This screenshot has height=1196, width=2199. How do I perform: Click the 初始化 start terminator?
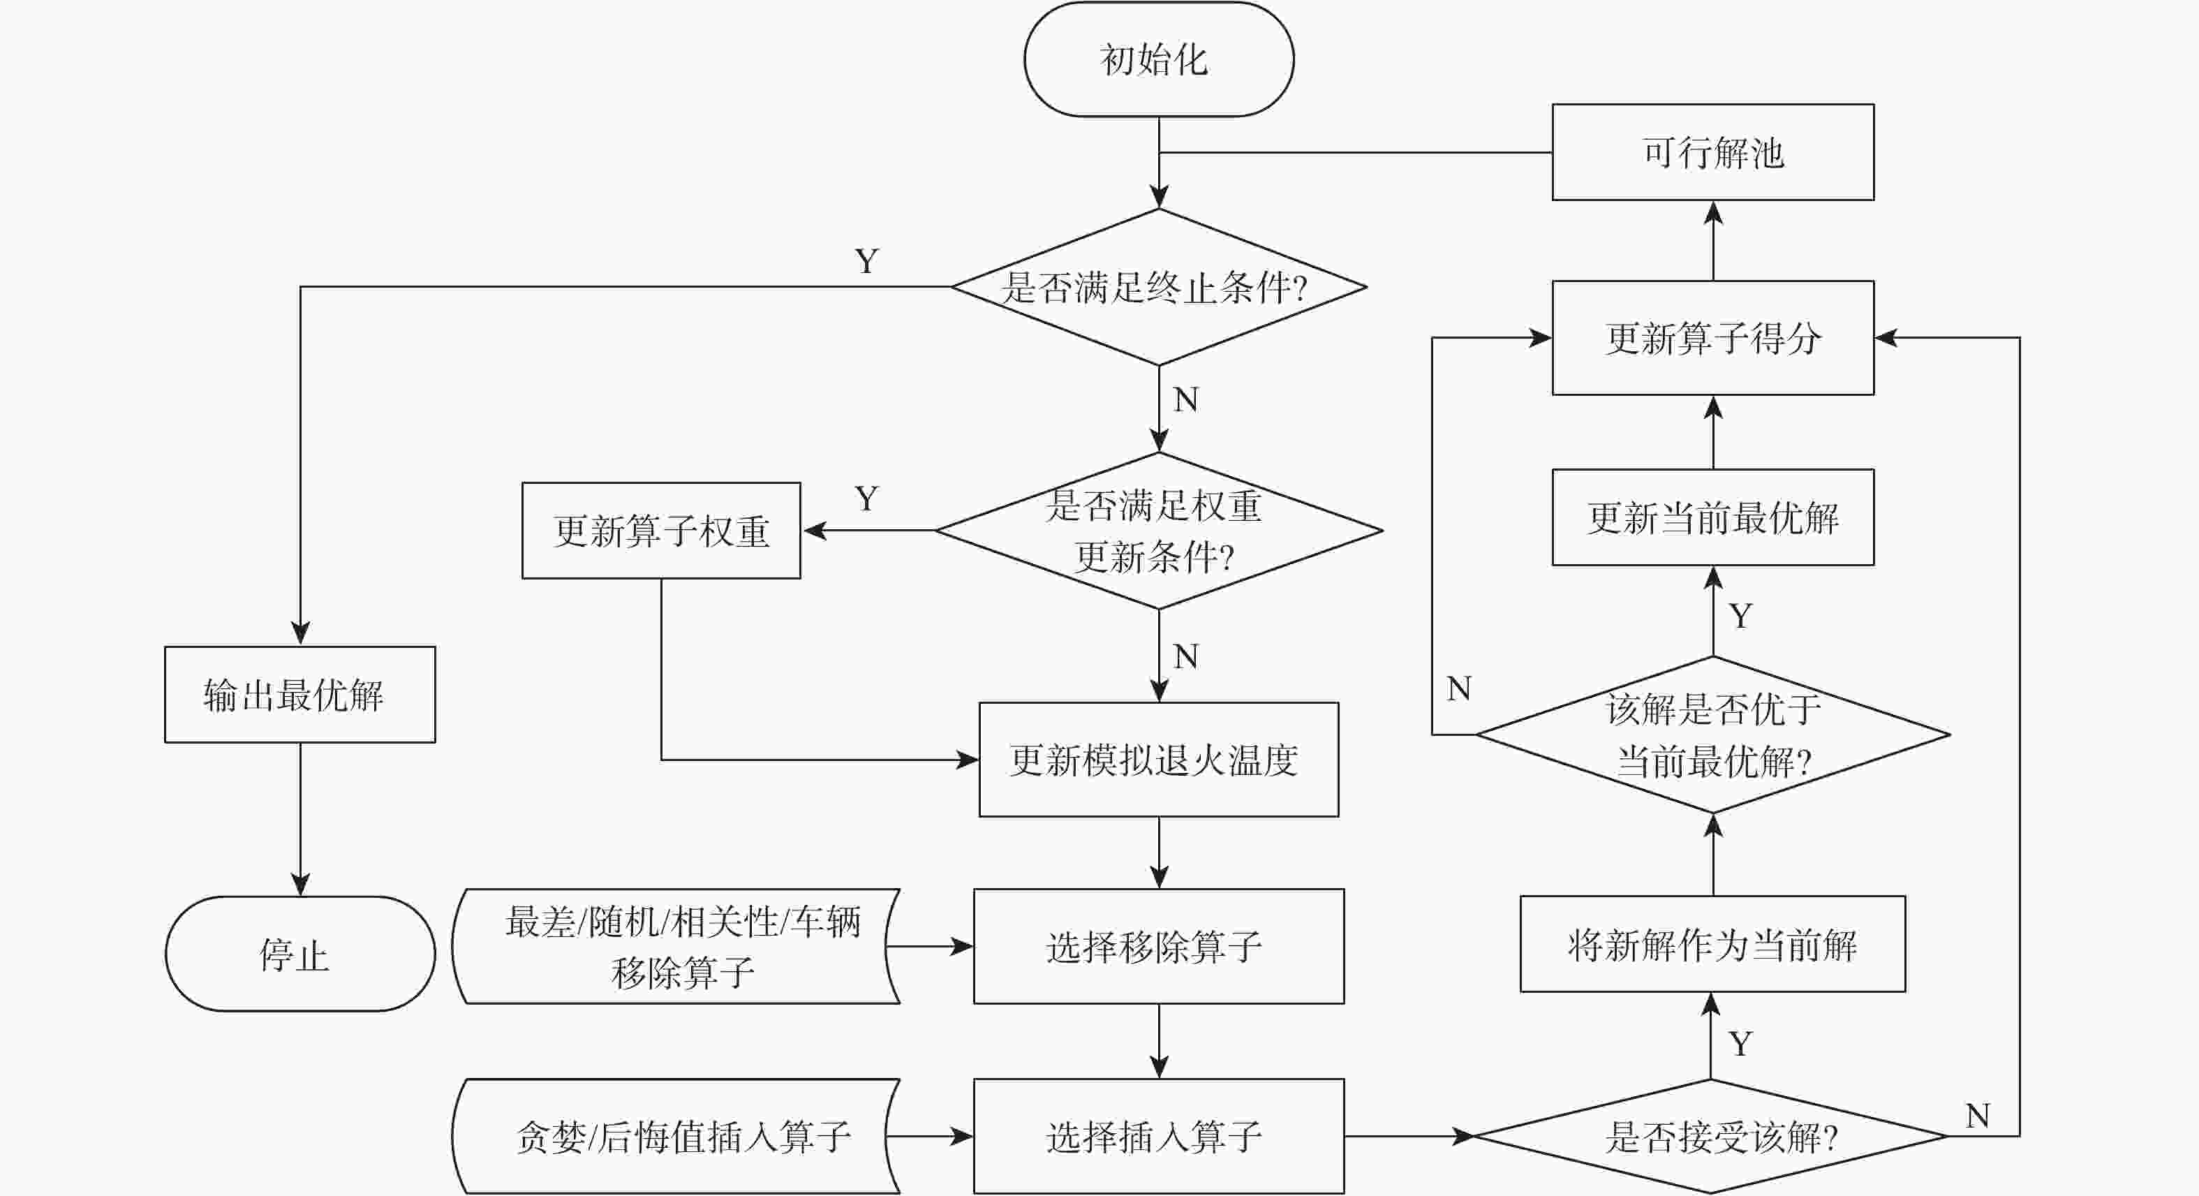(1158, 59)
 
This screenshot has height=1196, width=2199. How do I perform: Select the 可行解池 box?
(1712, 153)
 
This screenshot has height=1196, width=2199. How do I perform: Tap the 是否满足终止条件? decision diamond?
(1158, 287)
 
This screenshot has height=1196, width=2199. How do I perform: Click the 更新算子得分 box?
(1712, 338)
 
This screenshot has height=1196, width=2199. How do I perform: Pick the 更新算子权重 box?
(660, 530)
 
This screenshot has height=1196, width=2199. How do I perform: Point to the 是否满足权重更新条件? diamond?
(1158, 530)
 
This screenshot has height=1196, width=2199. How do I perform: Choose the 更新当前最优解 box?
(1712, 517)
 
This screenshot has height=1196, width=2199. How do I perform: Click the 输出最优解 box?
(299, 695)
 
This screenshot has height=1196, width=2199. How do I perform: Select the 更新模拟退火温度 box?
(1158, 760)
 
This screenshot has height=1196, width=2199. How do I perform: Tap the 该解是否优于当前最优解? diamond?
(1712, 734)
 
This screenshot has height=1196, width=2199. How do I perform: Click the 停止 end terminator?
(299, 954)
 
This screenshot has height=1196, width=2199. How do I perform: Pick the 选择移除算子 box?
(1158, 947)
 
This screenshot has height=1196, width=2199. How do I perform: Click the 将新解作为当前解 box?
(1712, 944)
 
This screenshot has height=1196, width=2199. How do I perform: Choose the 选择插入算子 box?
(1158, 1136)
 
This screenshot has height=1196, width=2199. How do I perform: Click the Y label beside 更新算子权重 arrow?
(866, 499)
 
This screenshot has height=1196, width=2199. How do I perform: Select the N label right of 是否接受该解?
(1977, 1116)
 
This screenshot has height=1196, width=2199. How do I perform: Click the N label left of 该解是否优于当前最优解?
(1459, 688)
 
